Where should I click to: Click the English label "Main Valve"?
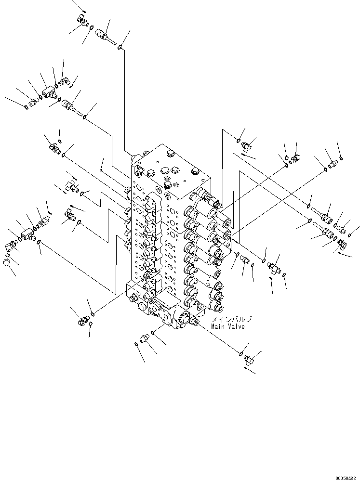click(x=227, y=327)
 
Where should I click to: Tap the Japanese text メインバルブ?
click(x=231, y=319)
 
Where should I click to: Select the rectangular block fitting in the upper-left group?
click(x=49, y=91)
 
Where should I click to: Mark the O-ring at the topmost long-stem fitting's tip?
click(x=120, y=47)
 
